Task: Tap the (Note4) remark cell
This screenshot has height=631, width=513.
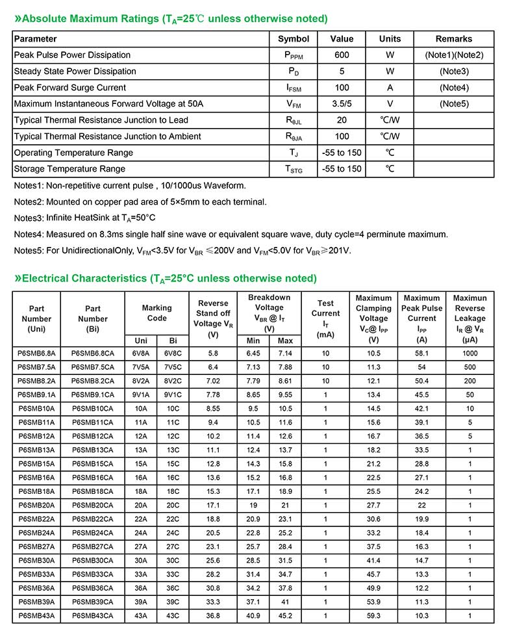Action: (454, 88)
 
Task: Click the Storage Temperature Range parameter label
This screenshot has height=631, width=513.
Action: (71, 169)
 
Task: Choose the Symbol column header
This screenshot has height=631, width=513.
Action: (294, 39)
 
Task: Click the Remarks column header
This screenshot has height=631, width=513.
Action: (454, 39)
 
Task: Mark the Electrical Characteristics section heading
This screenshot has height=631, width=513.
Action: (165, 278)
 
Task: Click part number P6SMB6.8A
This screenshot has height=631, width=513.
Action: (36, 354)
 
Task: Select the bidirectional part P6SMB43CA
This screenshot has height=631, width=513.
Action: (93, 615)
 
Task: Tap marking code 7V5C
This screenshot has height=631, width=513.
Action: (173, 367)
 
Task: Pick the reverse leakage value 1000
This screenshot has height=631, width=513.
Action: (469, 354)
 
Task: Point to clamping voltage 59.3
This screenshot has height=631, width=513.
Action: (373, 615)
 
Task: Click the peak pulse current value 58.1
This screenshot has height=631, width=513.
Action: (421, 354)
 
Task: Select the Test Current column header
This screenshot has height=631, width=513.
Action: (325, 318)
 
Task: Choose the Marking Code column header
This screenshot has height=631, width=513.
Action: (157, 313)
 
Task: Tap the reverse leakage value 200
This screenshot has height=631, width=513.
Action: (469, 381)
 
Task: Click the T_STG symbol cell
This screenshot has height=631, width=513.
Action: (294, 169)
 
